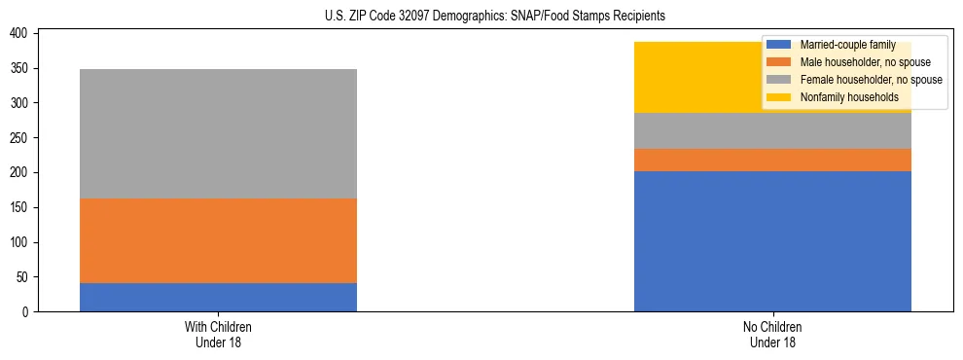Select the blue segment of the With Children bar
[x=218, y=297]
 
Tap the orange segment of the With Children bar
[x=218, y=240]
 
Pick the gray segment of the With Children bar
[x=218, y=133]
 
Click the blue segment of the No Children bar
[x=772, y=241]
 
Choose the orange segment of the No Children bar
[x=772, y=160]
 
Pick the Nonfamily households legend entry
[x=849, y=97]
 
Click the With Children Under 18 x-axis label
[x=218, y=334]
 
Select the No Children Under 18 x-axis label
[x=772, y=334]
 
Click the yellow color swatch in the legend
[x=779, y=97]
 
